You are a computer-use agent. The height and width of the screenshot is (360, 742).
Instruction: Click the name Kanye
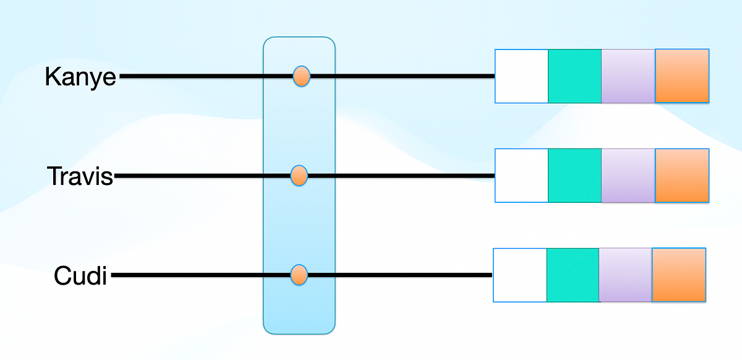tap(80, 77)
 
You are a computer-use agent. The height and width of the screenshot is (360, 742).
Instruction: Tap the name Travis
tap(80, 176)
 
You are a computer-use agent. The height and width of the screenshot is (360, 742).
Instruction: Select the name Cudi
tap(80, 275)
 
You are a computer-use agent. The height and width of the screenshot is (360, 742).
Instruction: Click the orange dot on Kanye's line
tap(301, 77)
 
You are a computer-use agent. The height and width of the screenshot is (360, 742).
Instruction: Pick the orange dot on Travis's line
tap(299, 176)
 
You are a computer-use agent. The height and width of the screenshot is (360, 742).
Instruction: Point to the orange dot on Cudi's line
tap(299, 274)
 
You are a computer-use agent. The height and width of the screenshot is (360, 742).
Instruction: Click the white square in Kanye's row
tap(522, 76)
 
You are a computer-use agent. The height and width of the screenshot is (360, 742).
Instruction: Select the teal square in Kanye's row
tap(575, 76)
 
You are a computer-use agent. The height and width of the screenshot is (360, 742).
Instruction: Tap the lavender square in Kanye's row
tap(628, 76)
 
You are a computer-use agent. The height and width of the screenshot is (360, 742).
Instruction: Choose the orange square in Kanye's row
tap(682, 76)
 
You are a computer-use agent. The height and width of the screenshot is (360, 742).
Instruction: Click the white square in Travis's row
tap(522, 176)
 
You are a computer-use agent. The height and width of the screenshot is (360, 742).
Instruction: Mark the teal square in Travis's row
tap(575, 176)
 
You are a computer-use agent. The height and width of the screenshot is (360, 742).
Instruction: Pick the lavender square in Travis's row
tap(628, 176)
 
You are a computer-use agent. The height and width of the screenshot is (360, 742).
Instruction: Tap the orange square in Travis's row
tap(682, 176)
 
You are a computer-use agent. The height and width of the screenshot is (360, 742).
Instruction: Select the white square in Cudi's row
tap(520, 275)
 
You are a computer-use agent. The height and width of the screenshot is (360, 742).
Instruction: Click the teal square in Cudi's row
tap(573, 275)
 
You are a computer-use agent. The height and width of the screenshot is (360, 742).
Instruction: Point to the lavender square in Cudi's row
tap(626, 275)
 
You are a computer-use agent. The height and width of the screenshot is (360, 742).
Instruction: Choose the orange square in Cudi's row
tap(679, 275)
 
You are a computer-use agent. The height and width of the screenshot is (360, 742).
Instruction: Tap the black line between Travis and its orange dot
tap(198, 176)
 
